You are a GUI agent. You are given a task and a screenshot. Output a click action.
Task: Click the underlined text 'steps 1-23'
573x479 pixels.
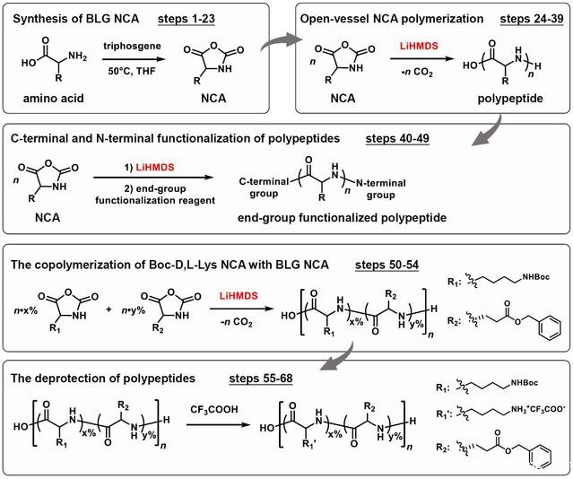[x=187, y=19]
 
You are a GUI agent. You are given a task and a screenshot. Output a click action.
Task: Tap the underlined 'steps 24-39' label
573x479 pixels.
[x=532, y=19]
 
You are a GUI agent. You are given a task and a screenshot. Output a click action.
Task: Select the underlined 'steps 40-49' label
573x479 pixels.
[x=397, y=138]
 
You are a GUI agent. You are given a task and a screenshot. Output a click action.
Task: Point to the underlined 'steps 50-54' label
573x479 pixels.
[x=386, y=265]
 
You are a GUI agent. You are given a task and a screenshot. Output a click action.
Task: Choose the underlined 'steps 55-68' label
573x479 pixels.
[x=261, y=378]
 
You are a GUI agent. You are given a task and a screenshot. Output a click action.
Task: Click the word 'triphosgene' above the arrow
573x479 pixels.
[x=132, y=46]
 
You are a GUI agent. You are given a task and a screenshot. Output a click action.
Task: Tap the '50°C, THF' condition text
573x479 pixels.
[x=132, y=71]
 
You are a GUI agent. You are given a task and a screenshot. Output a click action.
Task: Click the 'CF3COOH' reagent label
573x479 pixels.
[x=214, y=410]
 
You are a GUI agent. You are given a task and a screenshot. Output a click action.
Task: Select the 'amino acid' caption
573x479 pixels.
[x=53, y=99]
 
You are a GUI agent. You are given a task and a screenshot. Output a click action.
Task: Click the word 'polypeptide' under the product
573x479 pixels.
[x=510, y=99]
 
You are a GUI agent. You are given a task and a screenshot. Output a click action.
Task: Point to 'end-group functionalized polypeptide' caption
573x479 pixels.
[x=342, y=218]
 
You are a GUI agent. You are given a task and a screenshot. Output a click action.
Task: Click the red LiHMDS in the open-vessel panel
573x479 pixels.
[x=419, y=46]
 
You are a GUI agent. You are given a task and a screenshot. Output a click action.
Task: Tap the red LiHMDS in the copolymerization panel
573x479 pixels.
[x=239, y=296]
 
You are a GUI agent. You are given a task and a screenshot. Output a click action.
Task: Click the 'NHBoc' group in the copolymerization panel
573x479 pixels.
[x=535, y=277]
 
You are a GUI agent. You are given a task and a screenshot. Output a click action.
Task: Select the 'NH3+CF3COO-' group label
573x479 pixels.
[x=537, y=410]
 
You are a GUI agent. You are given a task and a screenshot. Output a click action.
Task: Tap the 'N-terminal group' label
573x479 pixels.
[x=381, y=188]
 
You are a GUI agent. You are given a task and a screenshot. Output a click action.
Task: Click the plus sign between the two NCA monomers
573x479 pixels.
[x=109, y=309]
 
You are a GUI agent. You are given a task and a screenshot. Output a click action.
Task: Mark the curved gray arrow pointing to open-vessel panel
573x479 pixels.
[x=280, y=41]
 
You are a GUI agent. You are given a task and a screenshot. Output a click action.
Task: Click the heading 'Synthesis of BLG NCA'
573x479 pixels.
[x=76, y=19]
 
